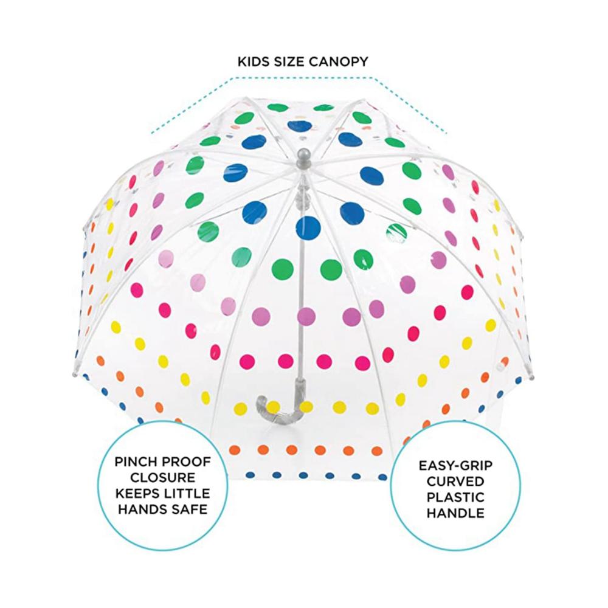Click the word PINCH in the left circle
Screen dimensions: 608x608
pyautogui.click(x=136, y=462)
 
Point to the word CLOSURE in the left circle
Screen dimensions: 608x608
pyautogui.click(x=162, y=478)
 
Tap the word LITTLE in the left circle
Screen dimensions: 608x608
pyautogui.click(x=187, y=494)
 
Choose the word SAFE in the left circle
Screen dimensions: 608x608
pyautogui.click(x=190, y=509)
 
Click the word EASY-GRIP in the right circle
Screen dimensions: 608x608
pyautogui.click(x=455, y=465)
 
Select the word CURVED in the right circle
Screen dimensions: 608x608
pyautogui.click(x=455, y=482)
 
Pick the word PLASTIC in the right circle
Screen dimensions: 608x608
pyautogui.click(x=455, y=497)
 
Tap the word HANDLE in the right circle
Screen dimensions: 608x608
pyautogui.click(x=455, y=513)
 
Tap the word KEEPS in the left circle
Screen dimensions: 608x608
pyautogui.click(x=137, y=494)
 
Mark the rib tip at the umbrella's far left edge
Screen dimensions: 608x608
pyautogui.click(x=74, y=375)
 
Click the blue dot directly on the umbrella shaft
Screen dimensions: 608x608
pyautogui.click(x=308, y=228)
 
